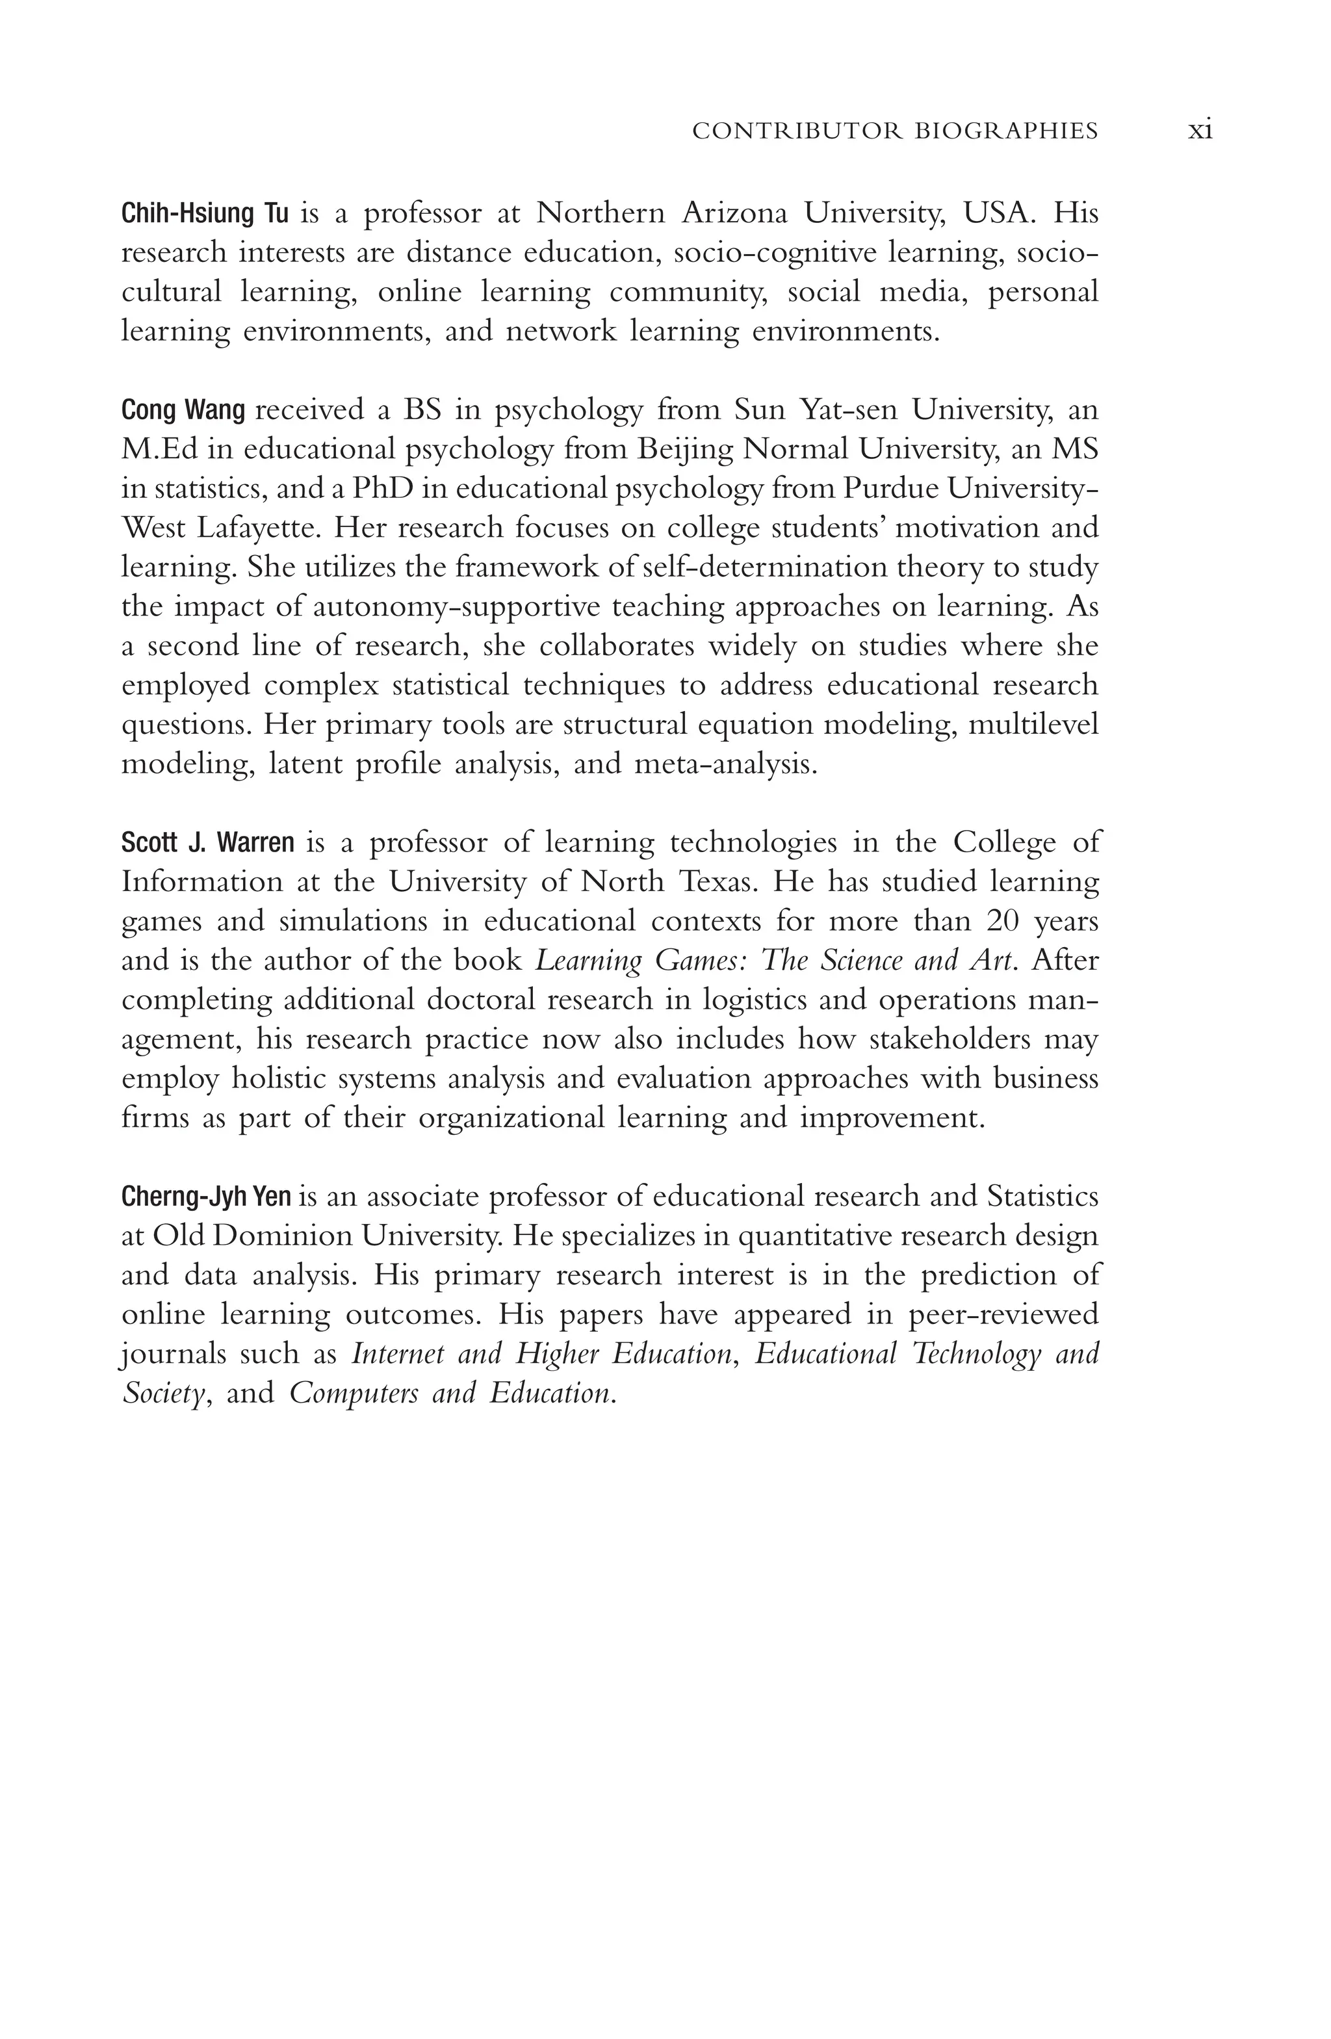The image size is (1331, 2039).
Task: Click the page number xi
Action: [x=1200, y=131]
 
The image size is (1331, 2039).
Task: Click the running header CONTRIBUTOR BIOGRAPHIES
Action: [x=894, y=131]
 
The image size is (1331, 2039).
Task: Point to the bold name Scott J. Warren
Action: [x=207, y=843]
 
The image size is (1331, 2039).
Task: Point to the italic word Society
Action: [x=164, y=1393]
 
